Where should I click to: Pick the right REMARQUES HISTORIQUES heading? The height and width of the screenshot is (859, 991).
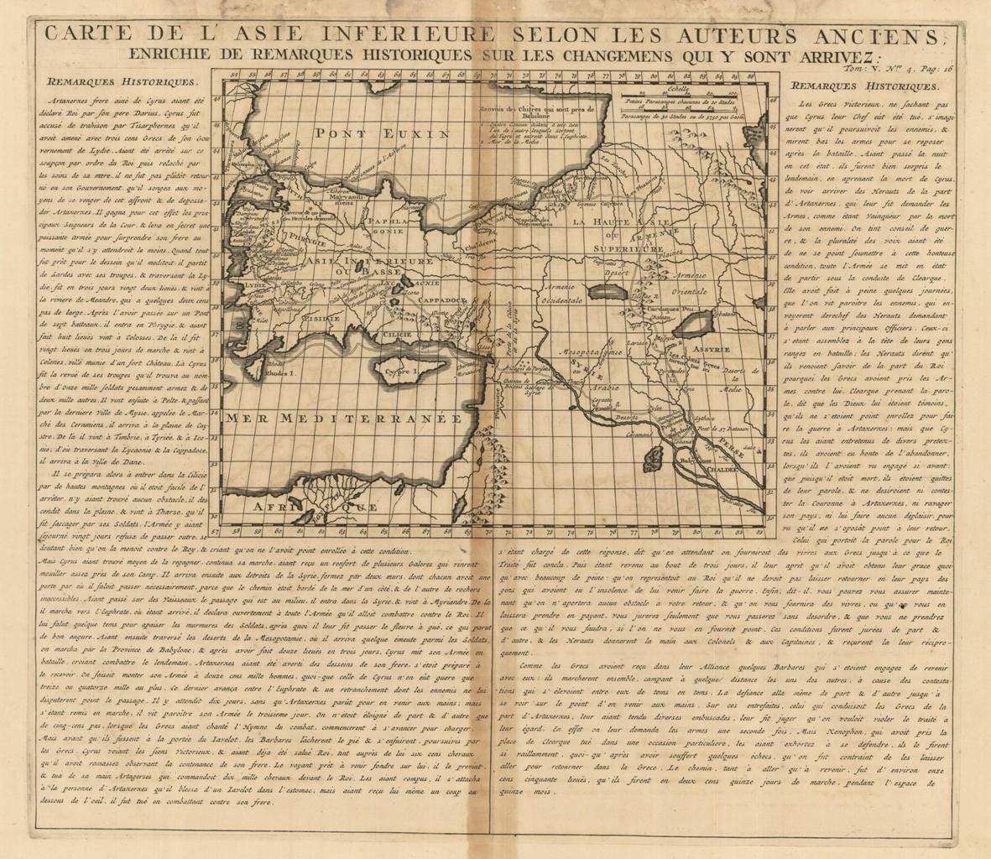(x=865, y=86)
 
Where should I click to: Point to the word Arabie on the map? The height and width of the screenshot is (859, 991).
(x=596, y=388)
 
